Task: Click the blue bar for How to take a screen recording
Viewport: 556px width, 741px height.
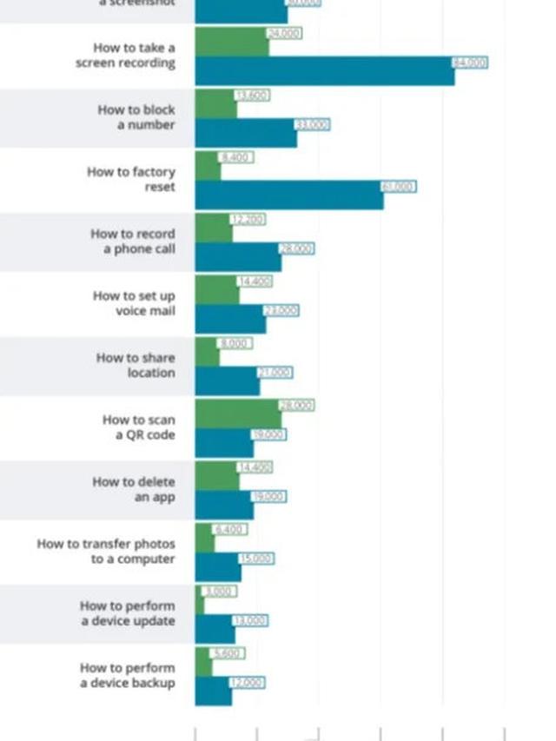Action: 324,71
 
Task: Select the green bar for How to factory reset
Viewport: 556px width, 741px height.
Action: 208,165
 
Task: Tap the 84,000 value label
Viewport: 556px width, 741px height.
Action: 470,63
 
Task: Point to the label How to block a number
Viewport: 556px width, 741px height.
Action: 136,117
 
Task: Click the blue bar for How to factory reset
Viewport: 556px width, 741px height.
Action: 288,195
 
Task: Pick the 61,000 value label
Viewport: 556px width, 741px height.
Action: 399,187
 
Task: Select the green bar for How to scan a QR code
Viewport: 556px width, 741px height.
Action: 238,414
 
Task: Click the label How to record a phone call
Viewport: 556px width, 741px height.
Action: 132,241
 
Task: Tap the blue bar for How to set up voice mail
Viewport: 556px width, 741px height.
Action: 230,319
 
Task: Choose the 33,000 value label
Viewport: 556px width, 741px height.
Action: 313,125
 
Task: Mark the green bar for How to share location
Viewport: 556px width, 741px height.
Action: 207,352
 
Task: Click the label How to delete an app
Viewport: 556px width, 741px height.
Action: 134,489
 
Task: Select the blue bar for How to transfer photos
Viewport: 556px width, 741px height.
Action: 217,567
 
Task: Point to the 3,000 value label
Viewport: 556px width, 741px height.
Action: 219,592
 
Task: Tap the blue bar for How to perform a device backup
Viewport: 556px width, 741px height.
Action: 213,691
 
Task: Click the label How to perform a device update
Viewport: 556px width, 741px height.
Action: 127,613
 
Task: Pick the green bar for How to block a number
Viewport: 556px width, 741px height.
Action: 215,103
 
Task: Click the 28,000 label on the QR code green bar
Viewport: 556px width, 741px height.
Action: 297,406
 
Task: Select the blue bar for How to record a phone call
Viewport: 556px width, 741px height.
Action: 237,257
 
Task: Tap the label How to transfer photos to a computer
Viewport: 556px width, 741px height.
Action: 105,552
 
